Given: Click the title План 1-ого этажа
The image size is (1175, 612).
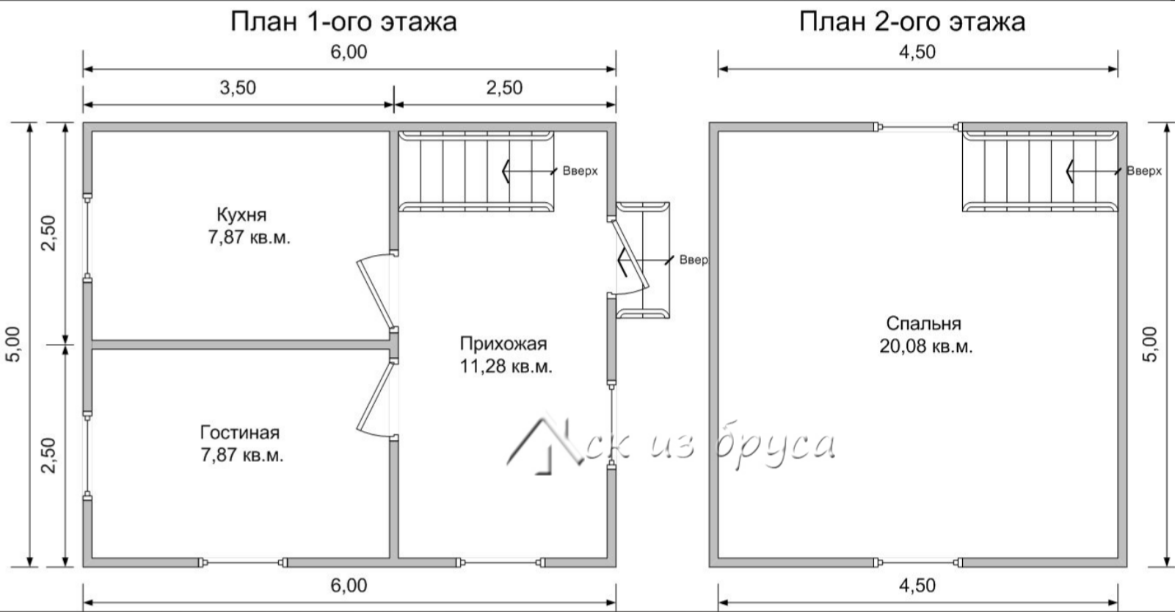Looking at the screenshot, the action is pyautogui.click(x=343, y=22).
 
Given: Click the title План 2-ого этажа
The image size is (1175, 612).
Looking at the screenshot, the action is pyautogui.click(x=912, y=22).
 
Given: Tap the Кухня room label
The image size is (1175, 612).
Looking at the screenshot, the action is pyautogui.click(x=241, y=215).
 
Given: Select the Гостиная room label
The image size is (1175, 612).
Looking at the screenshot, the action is pyautogui.click(x=240, y=432).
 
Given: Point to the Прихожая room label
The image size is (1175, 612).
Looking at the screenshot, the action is pyautogui.click(x=503, y=344).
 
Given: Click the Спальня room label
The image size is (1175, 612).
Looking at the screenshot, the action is pyautogui.click(x=924, y=323).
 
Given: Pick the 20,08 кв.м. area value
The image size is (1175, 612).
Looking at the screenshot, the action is pyautogui.click(x=926, y=346).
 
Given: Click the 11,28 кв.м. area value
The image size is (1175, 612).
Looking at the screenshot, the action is pyautogui.click(x=506, y=366).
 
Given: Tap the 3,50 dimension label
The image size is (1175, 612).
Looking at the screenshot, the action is pyautogui.click(x=238, y=87).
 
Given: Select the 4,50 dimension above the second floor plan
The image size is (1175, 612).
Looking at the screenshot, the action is pyautogui.click(x=917, y=52).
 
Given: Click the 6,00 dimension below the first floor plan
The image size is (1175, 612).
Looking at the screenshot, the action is pyautogui.click(x=349, y=586).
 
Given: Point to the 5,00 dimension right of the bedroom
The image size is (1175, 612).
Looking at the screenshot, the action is pyautogui.click(x=1149, y=344).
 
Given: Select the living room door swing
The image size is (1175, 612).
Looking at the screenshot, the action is pyautogui.click(x=376, y=399).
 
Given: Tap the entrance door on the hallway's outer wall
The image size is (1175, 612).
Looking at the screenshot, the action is pyautogui.click(x=630, y=256).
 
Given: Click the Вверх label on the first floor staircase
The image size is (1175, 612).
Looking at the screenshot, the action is pyautogui.click(x=580, y=170).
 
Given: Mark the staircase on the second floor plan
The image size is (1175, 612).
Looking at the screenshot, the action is pyautogui.click(x=1040, y=170).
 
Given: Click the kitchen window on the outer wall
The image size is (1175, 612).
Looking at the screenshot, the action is pyautogui.click(x=87, y=237).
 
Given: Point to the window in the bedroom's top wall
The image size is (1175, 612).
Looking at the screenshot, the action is pyautogui.click(x=918, y=126).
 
